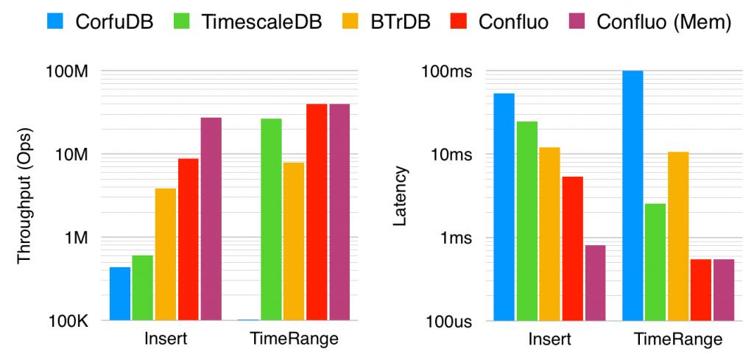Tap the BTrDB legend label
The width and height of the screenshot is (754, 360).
[x=412, y=21]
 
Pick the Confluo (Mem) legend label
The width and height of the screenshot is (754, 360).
[x=664, y=21]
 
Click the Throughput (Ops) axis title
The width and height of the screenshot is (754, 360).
[x=25, y=196]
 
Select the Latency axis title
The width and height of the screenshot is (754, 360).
[x=401, y=196]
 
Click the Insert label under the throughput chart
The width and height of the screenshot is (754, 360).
[x=166, y=339]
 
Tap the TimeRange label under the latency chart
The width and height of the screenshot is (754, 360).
[x=678, y=339]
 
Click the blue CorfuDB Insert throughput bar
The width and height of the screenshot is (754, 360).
[x=120, y=294]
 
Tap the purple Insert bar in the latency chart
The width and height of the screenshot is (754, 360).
[x=594, y=283]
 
